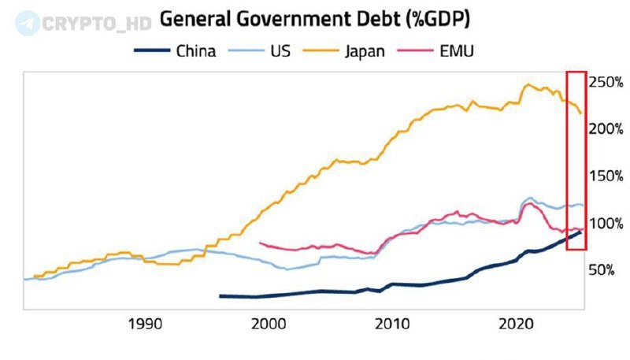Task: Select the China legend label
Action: point(195,52)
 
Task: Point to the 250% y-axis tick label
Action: point(607,81)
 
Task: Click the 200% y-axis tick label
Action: point(607,128)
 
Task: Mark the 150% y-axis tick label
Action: point(607,176)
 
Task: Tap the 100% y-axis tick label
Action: point(607,223)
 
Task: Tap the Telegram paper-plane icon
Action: point(26,22)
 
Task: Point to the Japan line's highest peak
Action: point(528,84)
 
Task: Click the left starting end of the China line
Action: point(220,296)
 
